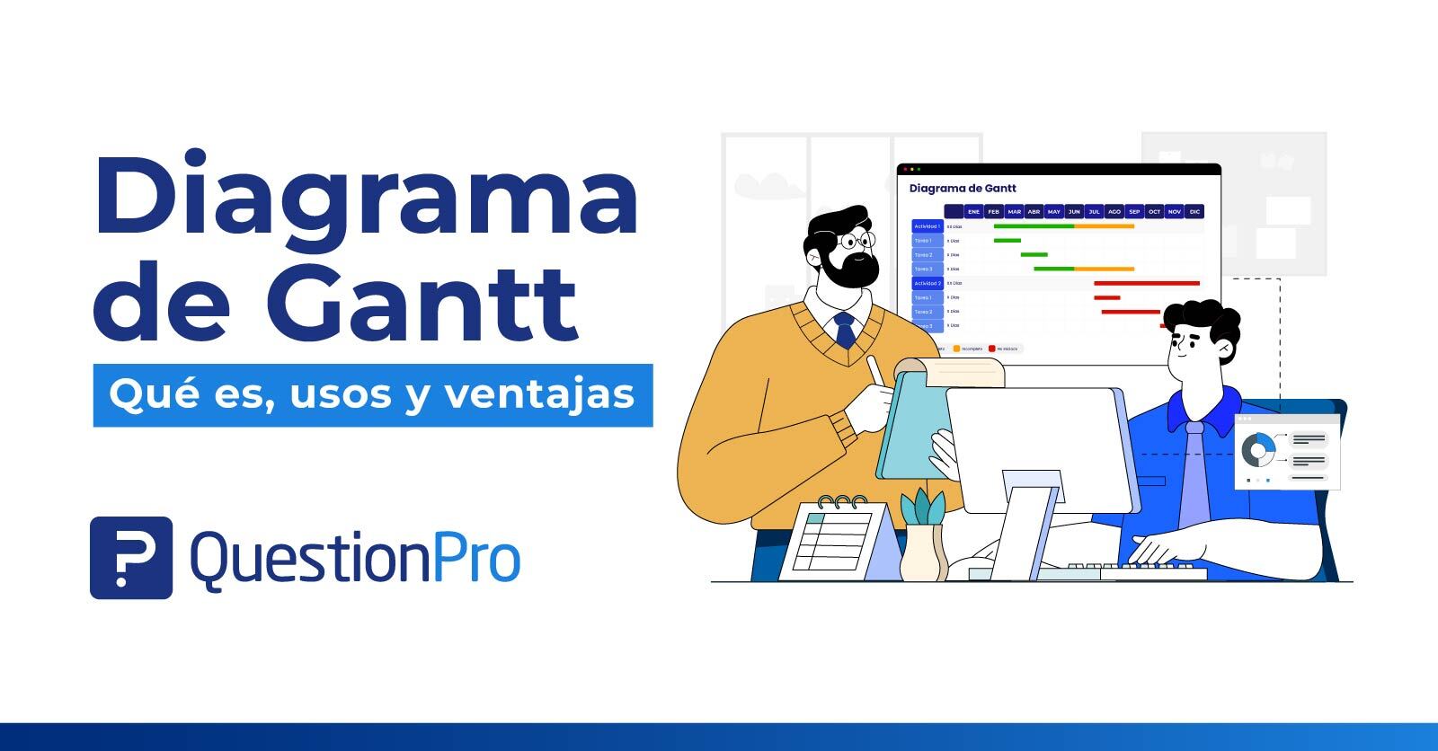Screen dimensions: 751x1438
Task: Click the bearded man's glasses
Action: click(853, 241)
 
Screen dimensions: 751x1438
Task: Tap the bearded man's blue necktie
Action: click(845, 331)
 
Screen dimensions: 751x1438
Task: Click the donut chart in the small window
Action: click(1259, 449)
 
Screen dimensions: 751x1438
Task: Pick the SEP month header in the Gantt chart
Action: click(1134, 212)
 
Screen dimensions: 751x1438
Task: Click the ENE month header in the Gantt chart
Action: click(973, 212)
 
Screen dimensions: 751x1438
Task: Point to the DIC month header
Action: click(1194, 212)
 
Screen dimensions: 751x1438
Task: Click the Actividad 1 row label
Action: click(927, 226)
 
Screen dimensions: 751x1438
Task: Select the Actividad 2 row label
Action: click(927, 283)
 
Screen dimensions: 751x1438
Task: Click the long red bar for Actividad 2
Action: click(1146, 283)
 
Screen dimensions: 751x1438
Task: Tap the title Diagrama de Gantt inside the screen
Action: click(963, 189)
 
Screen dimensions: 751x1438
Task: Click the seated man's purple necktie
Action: click(1194, 476)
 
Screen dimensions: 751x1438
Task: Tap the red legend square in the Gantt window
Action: click(992, 349)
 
